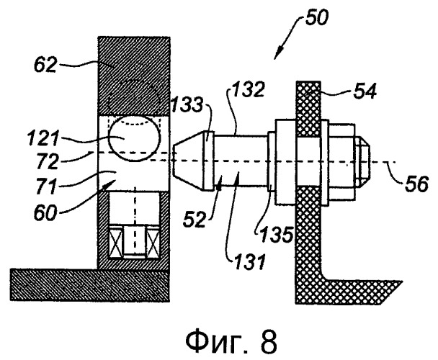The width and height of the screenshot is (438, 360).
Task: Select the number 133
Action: [x=186, y=105]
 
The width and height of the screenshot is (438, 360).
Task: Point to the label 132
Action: [x=247, y=90]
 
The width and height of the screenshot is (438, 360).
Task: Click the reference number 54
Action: [x=365, y=91]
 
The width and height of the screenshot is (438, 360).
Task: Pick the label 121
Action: [x=43, y=139]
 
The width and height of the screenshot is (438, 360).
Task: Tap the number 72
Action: [x=48, y=162]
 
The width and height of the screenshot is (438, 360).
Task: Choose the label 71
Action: [x=47, y=186]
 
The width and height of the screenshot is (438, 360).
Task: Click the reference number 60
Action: [x=45, y=213]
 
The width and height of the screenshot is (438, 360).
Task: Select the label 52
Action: [x=195, y=219]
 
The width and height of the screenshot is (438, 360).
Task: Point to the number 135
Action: [x=277, y=234]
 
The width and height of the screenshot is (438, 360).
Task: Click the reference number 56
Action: [x=417, y=184]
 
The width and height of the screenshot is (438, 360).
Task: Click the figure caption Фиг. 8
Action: [x=231, y=343]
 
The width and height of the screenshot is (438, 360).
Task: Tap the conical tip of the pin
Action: [x=189, y=161]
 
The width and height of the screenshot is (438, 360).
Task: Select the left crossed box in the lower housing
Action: [x=116, y=241]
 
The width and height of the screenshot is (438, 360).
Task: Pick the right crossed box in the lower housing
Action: [x=153, y=241]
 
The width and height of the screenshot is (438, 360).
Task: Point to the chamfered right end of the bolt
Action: [x=363, y=161]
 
